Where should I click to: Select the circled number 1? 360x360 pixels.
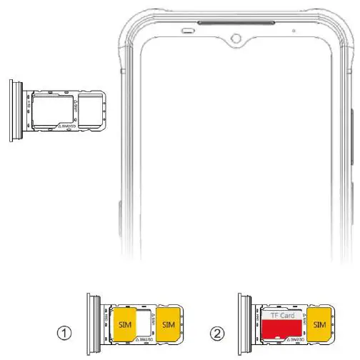[x=66, y=332]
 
